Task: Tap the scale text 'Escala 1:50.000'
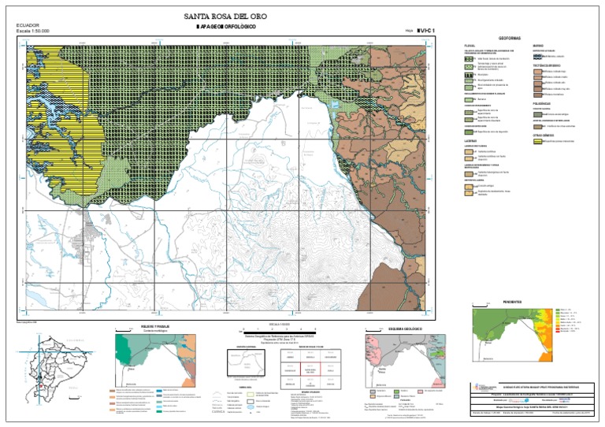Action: [x=33, y=32]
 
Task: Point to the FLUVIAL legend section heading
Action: [x=470, y=46]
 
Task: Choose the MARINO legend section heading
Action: [x=538, y=46]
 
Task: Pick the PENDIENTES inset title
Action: [x=512, y=302]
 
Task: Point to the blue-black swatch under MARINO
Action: [x=538, y=57]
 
